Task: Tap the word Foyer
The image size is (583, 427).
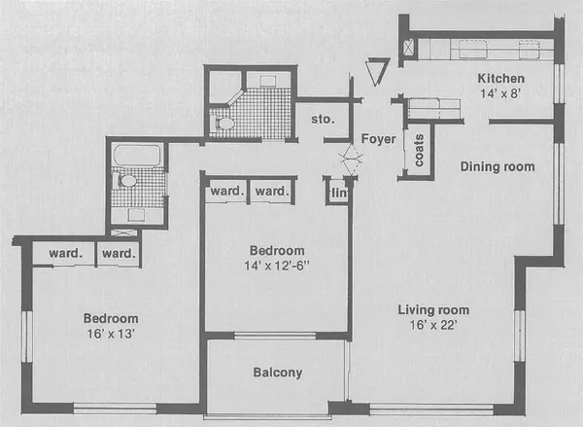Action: (x=378, y=139)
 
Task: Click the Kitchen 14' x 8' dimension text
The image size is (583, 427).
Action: (x=501, y=95)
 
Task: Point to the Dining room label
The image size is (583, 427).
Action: (x=497, y=166)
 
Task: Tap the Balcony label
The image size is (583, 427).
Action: (x=277, y=373)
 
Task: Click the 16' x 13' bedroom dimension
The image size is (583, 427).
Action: (x=110, y=333)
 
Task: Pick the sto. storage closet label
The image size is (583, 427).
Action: (x=323, y=120)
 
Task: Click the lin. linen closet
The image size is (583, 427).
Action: (x=337, y=193)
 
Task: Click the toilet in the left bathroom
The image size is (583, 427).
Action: (x=126, y=181)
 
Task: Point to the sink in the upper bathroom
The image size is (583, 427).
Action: (x=266, y=82)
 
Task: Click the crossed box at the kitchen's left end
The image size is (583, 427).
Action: (x=410, y=47)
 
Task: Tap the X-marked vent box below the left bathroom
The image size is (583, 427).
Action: (x=125, y=233)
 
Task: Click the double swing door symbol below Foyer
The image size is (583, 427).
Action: (x=347, y=160)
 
